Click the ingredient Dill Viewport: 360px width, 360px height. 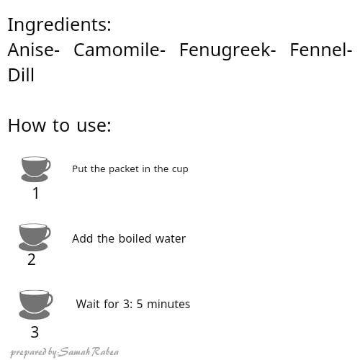point(21,75)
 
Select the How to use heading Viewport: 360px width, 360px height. point(60,125)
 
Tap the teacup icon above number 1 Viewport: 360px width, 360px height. point(35,169)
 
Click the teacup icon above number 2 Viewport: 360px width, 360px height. point(35,237)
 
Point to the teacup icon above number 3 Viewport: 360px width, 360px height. point(35,305)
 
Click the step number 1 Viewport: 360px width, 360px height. point(36,193)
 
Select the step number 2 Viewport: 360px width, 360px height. point(32,259)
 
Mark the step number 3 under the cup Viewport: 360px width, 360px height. point(35,332)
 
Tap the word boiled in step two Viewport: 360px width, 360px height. point(135,238)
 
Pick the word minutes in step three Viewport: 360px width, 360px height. point(168,304)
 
